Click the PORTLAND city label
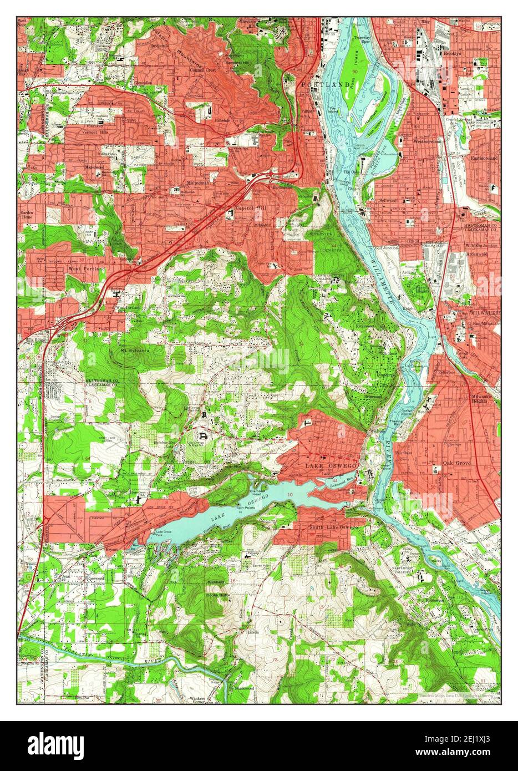pyautogui.click(x=327, y=84)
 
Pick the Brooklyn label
pyautogui.click(x=453, y=54)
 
